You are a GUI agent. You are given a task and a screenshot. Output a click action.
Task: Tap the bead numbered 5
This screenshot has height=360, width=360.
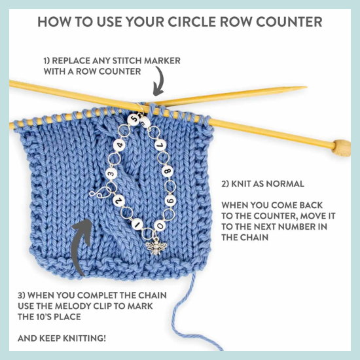tap(134, 119)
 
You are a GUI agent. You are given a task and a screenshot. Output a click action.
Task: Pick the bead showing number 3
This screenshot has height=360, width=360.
tap(111, 173)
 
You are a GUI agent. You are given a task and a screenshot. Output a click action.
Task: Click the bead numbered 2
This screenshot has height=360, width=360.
tap(118, 200)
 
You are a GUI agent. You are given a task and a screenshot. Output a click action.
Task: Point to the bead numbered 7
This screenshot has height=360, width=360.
tap(162, 145)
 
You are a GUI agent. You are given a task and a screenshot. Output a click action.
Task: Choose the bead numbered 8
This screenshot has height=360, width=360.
tap(168, 171)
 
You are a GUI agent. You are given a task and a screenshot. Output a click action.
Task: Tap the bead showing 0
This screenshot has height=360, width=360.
tap(160, 226)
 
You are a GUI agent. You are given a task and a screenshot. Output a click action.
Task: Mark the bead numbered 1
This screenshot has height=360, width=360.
tap(138, 224)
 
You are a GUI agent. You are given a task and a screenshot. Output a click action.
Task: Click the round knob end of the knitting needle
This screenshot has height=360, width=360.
tap(342, 148)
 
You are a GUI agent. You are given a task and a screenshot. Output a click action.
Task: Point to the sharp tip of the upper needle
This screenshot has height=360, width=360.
tap(306, 87)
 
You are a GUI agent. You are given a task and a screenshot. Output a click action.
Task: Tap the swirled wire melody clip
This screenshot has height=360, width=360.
tap(100, 192)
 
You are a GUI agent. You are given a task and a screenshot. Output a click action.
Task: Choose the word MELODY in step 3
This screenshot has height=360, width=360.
tap(107, 306)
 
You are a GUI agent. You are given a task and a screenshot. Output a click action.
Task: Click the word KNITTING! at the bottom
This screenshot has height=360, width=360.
tap(84, 338)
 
